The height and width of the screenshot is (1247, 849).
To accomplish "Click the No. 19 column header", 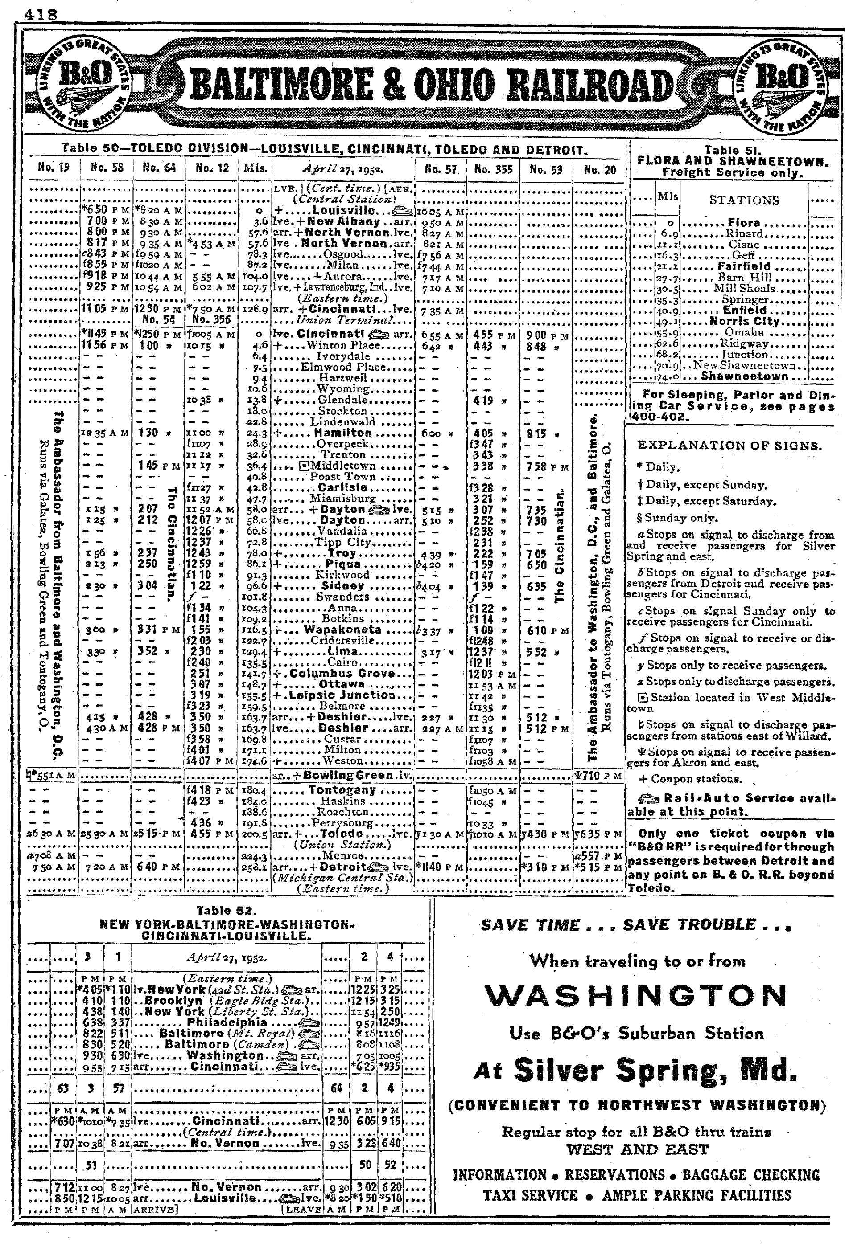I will tap(53, 168).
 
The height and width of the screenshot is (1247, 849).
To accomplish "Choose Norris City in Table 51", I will tap(744, 321).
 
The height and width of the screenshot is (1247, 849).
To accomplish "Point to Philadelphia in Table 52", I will tap(227, 1023).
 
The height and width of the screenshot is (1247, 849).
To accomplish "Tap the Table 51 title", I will tap(733, 151).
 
